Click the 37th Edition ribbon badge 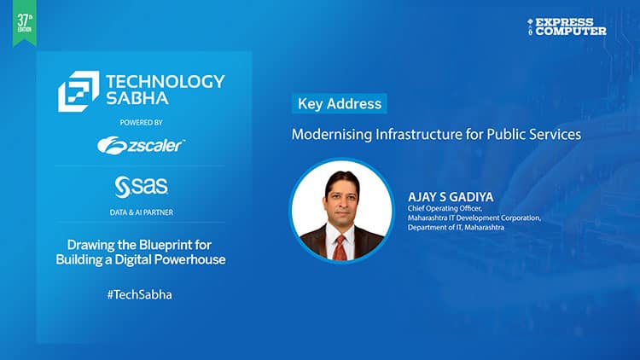coord(24,22)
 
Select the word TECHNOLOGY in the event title coord(165,81)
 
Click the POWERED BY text coord(141,123)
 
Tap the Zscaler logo coord(141,146)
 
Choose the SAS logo coord(141,185)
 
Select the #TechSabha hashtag coord(141,294)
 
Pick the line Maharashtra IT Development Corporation coord(474,218)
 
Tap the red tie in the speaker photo coord(340,246)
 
